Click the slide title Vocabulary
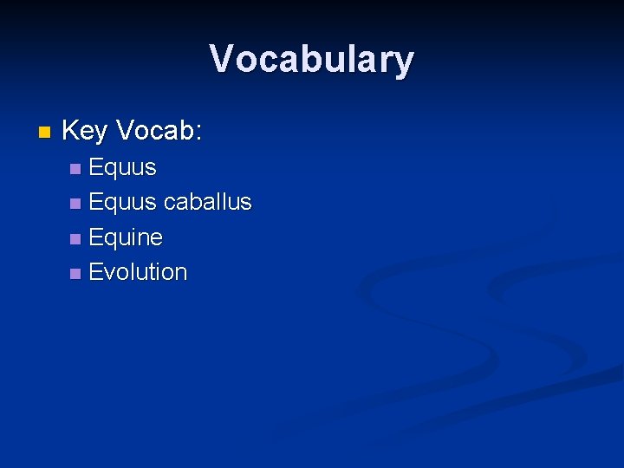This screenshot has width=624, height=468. [312, 60]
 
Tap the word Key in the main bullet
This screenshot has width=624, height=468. [85, 132]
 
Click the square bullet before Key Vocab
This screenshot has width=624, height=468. [45, 133]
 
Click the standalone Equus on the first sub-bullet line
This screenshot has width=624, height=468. [122, 166]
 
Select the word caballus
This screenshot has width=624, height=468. [207, 202]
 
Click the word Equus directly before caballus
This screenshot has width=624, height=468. [122, 202]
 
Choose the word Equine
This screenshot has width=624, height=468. [126, 237]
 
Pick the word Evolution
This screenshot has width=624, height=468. [138, 272]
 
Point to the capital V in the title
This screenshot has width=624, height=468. [222, 60]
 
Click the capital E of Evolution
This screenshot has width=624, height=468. [95, 272]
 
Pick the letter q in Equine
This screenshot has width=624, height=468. [109, 239]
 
